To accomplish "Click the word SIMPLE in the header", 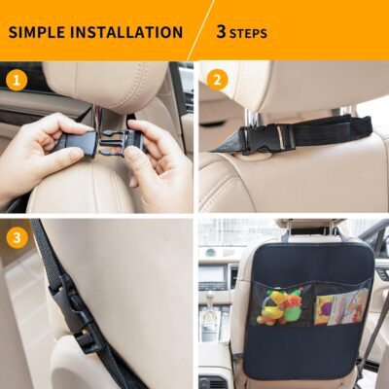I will click(40, 32).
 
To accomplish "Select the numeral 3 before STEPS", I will click(221, 32).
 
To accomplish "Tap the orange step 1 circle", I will click(17, 79).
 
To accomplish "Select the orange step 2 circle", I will click(216, 79).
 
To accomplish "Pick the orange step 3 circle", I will click(17, 236).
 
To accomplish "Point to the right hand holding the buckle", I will click(160, 165).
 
